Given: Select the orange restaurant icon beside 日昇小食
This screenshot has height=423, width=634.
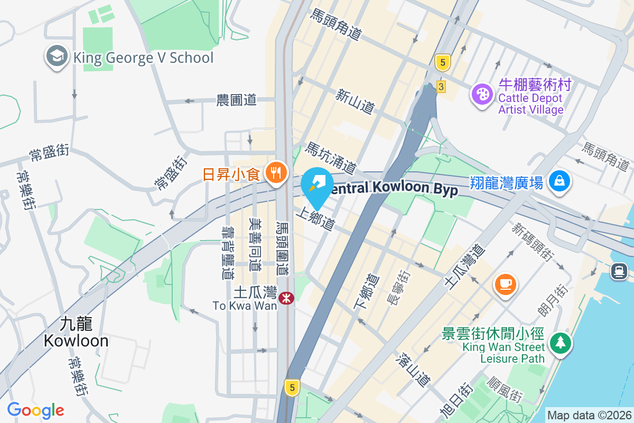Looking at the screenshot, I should [275, 172].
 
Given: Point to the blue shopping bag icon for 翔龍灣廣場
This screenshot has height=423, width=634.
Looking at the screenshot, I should [558, 181].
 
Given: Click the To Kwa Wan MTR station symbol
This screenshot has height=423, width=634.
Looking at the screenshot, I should [286, 298].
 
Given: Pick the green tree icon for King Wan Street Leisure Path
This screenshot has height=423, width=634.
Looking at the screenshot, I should [559, 343].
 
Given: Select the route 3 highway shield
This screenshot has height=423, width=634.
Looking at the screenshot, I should [441, 86].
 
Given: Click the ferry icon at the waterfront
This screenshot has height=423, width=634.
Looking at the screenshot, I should [618, 271].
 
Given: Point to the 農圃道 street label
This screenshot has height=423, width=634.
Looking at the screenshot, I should [236, 99].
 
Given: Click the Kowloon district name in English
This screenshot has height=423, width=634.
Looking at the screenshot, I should [76, 341].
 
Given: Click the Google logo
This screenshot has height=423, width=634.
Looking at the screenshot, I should [35, 410].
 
